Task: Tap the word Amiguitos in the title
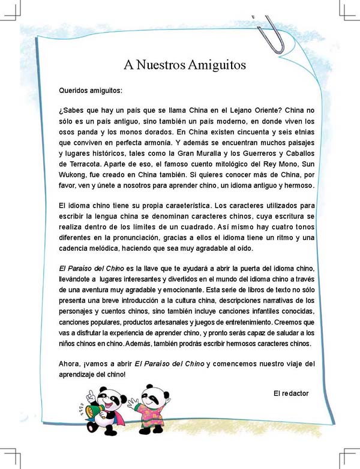218,64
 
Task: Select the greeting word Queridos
74,91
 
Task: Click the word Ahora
70,364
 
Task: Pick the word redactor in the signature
296,393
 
